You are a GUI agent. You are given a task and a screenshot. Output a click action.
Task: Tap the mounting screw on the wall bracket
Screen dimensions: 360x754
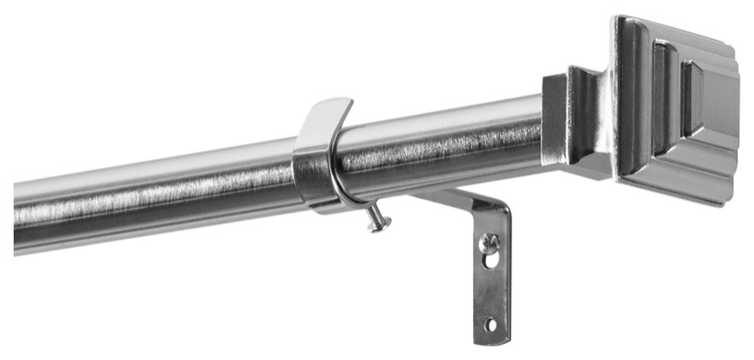(x=489, y=243)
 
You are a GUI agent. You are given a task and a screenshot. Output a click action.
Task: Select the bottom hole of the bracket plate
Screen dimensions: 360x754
(x=491, y=324)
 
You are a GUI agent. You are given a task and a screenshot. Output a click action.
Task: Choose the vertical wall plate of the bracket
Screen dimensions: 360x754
(x=492, y=282)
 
